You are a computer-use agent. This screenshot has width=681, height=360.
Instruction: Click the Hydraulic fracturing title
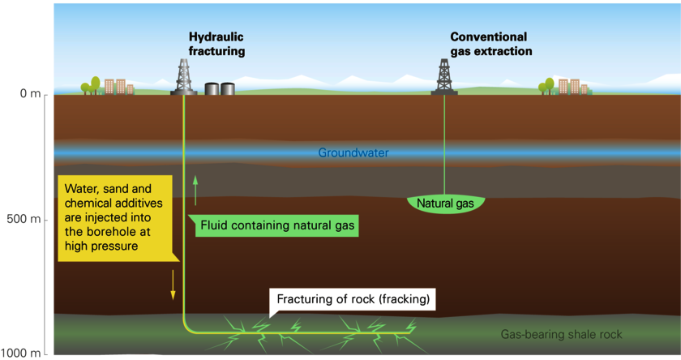click(216, 44)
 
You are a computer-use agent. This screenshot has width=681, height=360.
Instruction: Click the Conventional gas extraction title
click(490, 44)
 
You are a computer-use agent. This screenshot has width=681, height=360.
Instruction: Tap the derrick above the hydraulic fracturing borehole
click(184, 77)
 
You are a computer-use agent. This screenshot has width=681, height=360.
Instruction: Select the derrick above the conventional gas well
click(444, 77)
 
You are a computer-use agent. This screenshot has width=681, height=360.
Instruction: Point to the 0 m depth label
click(30, 93)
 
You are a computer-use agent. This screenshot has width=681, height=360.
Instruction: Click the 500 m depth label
click(24, 219)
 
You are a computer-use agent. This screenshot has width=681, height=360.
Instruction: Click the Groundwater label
click(353, 153)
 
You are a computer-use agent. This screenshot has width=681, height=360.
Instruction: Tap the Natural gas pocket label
click(445, 204)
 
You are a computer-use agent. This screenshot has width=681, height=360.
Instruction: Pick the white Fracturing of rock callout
click(352, 300)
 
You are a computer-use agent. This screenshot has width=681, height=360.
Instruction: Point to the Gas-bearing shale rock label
click(561, 334)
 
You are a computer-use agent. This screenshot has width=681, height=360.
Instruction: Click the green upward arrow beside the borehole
click(195, 191)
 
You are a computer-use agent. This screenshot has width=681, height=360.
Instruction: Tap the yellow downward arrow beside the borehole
click(173, 285)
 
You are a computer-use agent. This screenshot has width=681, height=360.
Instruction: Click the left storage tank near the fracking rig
click(212, 88)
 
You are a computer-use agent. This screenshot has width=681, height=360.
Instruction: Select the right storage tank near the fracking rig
click(228, 88)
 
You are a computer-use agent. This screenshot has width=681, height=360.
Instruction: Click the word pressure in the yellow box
click(118, 246)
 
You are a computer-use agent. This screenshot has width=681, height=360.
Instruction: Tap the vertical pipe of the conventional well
click(444, 144)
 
